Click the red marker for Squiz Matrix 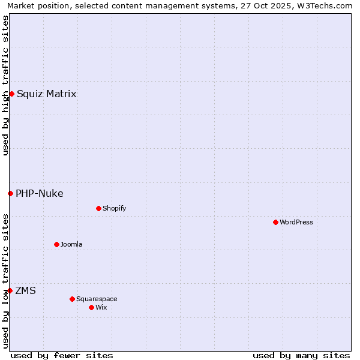point(11,94)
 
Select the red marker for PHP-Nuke point(10,193)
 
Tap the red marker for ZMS point(10,290)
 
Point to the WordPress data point point(275,222)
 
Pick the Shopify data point point(98,208)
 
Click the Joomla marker point(56,244)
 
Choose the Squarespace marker point(72,299)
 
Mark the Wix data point point(91,307)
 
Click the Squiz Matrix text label point(46,94)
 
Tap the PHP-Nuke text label point(40,193)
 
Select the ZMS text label point(25,290)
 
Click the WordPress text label point(296,222)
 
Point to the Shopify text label point(114,208)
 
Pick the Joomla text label point(71,244)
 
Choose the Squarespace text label point(97,299)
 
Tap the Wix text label point(101,307)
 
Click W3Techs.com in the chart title point(324,5)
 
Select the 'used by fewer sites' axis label point(62,355)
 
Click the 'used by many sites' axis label point(301,355)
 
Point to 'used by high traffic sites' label point(5,85)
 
